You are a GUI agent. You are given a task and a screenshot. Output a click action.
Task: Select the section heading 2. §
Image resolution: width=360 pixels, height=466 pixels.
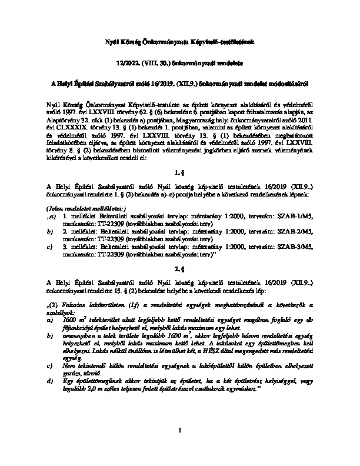180,269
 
